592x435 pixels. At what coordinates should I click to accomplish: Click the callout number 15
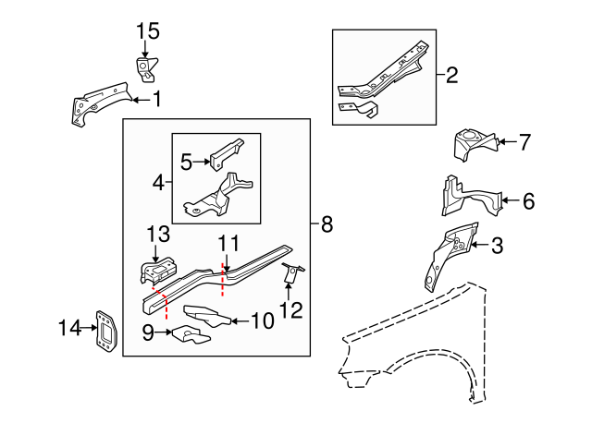[x=148, y=31]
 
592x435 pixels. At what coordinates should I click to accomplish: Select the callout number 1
[x=156, y=98]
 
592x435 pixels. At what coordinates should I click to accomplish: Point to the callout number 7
[x=524, y=142]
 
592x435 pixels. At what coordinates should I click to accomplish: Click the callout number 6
[x=528, y=199]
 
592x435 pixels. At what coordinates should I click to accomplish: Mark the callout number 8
[x=327, y=224]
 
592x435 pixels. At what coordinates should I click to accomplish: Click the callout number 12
[x=290, y=309]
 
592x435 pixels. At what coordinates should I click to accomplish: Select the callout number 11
[x=228, y=244]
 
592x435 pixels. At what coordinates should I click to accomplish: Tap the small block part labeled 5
[x=225, y=153]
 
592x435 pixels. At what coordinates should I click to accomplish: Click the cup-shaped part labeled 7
[x=472, y=146]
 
